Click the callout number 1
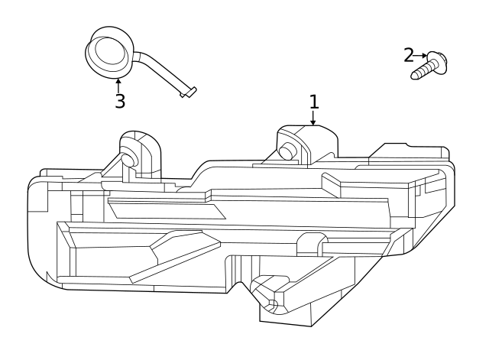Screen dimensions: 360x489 pos(313,101)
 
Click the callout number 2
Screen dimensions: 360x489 pos(409,55)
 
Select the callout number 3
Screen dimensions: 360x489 pos(120,102)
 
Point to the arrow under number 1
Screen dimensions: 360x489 pos(313,118)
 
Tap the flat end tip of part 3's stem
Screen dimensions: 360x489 pos(189,92)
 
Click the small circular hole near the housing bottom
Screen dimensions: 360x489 pos(271,306)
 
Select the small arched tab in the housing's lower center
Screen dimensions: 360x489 pos(307,243)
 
